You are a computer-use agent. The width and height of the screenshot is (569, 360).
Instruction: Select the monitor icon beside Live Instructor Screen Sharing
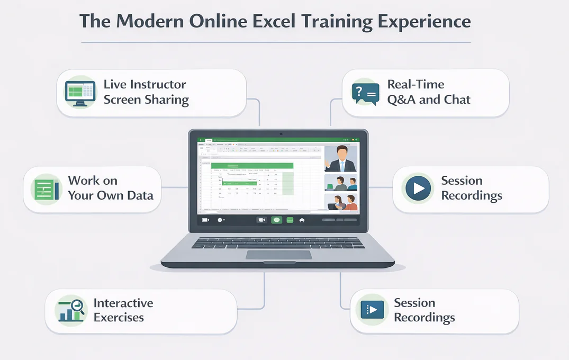79,93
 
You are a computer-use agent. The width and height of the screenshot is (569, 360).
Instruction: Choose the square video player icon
372,310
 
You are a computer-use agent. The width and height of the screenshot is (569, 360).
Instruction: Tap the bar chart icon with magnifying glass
72,310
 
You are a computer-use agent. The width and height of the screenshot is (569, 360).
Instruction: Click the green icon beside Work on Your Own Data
47,188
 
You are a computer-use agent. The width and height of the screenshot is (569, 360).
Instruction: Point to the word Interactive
123,303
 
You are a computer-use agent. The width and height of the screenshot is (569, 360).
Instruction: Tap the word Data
140,195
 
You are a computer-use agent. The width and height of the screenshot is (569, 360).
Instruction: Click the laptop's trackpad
278,255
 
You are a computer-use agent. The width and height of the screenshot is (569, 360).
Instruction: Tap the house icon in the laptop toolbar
302,220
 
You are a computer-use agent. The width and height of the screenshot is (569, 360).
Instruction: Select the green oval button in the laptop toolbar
276,220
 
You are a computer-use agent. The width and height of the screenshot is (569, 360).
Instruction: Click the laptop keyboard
278,242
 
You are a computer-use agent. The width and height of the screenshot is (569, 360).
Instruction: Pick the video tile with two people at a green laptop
341,183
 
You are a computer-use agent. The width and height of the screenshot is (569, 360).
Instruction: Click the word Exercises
119,318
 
